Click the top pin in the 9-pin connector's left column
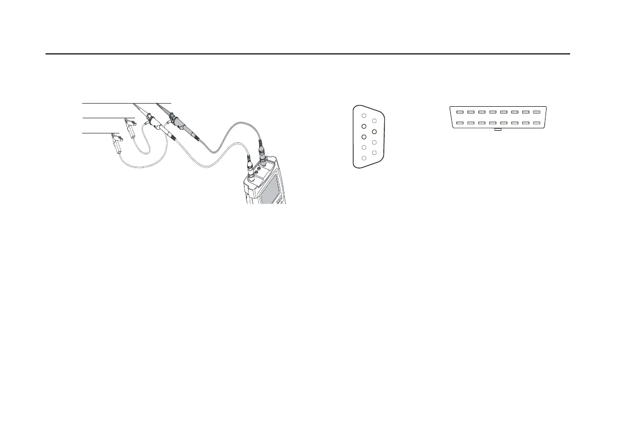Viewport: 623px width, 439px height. click(x=364, y=116)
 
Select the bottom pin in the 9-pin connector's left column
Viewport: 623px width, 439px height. click(x=364, y=157)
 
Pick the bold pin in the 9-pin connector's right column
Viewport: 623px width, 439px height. click(x=374, y=131)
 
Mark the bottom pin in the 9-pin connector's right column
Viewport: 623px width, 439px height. click(x=374, y=152)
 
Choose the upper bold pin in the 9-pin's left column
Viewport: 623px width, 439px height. click(x=364, y=126)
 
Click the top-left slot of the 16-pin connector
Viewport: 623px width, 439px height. click(x=459, y=112)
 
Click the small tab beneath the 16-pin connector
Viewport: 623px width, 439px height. click(x=498, y=129)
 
